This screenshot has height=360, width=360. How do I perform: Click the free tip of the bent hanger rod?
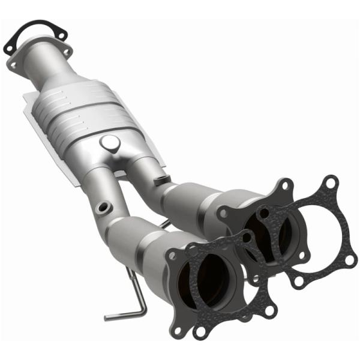(x=107, y=317)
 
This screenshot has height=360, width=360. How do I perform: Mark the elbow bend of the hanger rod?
(x=142, y=308)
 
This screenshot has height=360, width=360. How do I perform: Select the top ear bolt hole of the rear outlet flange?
(x=287, y=184)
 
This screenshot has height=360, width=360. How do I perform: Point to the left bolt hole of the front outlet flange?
(x=173, y=256)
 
